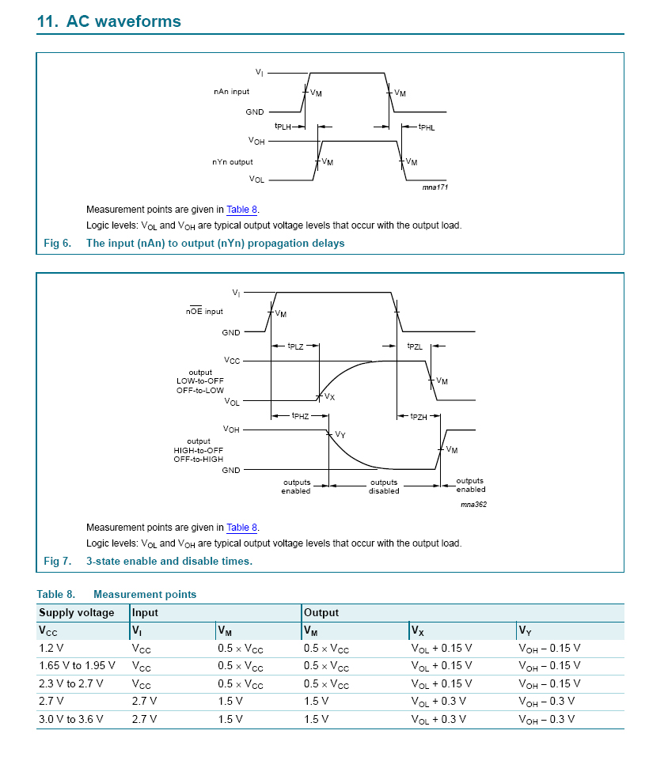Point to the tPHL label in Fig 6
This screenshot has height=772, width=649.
point(427,127)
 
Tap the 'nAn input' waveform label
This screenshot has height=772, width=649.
point(231,93)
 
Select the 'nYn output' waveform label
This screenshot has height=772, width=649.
point(233,161)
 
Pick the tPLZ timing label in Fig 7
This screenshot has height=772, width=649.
point(295,346)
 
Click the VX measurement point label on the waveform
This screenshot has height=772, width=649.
point(330,397)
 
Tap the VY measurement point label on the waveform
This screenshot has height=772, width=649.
point(340,434)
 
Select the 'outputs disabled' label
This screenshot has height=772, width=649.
point(384,486)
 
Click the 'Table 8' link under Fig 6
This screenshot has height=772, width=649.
point(242,210)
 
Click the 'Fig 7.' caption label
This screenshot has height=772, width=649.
point(57,561)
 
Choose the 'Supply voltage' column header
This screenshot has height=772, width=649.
point(77,612)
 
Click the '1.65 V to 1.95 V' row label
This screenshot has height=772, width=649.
point(77,665)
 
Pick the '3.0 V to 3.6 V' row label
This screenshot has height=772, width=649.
point(71,719)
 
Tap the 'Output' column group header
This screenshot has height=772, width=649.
point(321,612)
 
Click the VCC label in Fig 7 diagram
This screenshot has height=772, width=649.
point(232,361)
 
